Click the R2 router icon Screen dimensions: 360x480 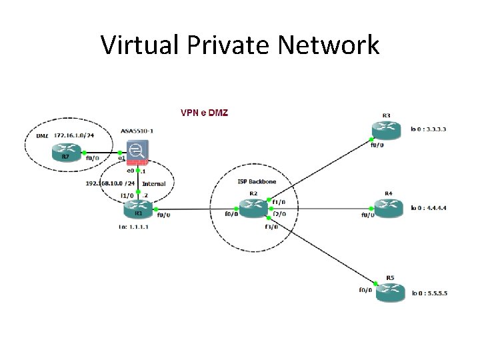coord(253,208)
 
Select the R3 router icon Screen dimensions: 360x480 coord(387,130)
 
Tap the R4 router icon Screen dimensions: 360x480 coord(389,208)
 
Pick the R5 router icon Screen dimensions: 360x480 coord(390,291)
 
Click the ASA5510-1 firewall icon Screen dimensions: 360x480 coord(138,153)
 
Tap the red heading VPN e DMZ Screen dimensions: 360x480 coord(204,112)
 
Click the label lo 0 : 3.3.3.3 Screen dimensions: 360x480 coord(429,129)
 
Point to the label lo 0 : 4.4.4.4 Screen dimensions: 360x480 coord(429,208)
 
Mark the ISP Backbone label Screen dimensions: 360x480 coord(257,181)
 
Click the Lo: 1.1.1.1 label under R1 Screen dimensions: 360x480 coord(134,227)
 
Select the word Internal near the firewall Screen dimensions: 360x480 coord(154,183)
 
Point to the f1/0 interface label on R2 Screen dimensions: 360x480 coord(279,201)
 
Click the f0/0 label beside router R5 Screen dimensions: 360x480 coord(365,290)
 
